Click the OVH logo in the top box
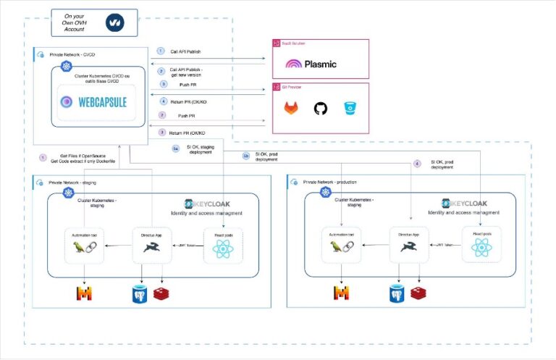(x=114, y=23)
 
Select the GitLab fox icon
(x=292, y=109)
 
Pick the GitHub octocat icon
(x=320, y=109)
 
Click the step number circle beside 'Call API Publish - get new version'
(x=162, y=71)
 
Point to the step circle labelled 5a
(x=174, y=148)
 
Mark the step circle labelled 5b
(x=245, y=155)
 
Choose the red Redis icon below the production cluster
(x=418, y=293)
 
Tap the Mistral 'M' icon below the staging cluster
(x=85, y=293)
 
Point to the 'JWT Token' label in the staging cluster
(x=188, y=247)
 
